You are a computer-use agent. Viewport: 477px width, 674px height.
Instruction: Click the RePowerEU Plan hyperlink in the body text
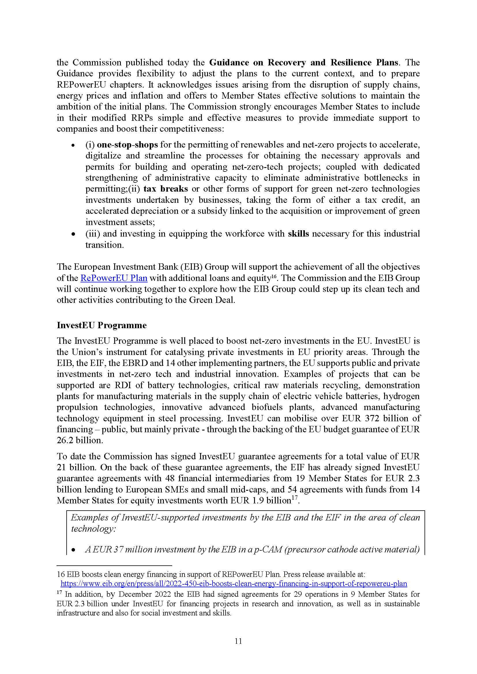pyautogui.click(x=114, y=278)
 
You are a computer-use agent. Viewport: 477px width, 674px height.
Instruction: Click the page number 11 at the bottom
pyautogui.click(x=238, y=641)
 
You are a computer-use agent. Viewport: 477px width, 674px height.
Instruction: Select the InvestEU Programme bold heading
pyautogui.click(x=102, y=325)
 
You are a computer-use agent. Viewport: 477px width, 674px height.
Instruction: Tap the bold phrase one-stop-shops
pyautogui.click(x=127, y=144)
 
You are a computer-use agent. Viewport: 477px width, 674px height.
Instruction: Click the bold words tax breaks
pyautogui.click(x=166, y=189)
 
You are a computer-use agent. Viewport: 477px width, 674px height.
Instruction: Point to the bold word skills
pyautogui.click(x=298, y=234)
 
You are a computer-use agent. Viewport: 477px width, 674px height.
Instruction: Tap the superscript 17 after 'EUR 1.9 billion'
pyautogui.click(x=295, y=498)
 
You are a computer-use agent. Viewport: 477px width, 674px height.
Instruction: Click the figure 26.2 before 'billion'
pyautogui.click(x=65, y=440)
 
